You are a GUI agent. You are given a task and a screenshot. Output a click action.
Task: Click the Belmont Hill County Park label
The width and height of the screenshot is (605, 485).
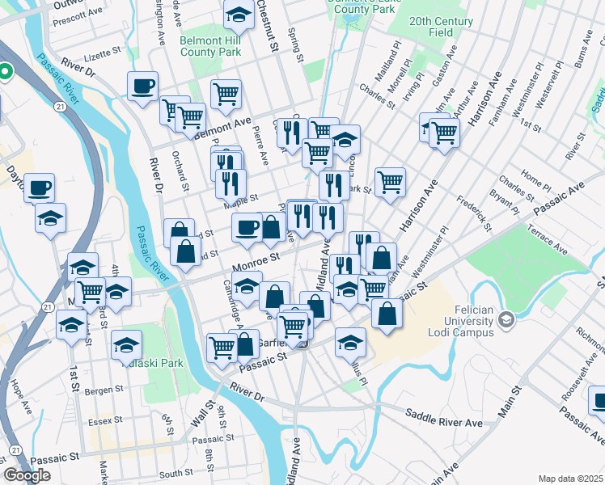(210, 46)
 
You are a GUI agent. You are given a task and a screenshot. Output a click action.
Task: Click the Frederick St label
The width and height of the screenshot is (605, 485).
(474, 212)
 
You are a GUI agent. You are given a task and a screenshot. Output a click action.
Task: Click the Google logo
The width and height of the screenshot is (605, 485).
(27, 475)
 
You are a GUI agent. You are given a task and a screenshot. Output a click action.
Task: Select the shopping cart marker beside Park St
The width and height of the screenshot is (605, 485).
(390, 181)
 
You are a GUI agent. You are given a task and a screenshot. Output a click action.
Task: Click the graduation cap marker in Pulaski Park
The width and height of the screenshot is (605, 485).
(127, 345)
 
